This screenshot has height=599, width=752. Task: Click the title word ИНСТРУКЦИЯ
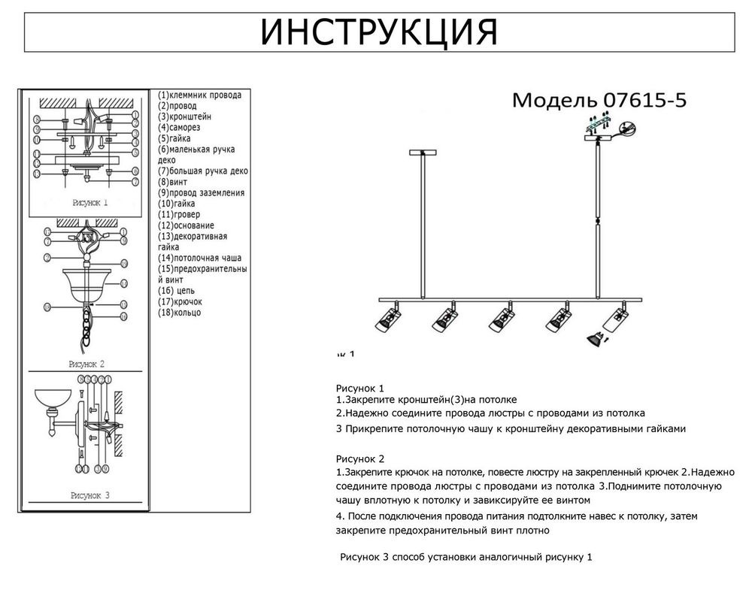[378, 32]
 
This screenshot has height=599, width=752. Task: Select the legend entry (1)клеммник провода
[199, 95]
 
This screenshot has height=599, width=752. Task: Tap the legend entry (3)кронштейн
[184, 117]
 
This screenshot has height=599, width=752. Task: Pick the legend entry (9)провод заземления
[201, 193]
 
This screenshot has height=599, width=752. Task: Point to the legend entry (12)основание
[186, 225]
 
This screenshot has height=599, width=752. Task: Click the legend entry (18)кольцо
[180, 312]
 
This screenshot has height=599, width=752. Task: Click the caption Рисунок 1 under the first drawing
[90, 203]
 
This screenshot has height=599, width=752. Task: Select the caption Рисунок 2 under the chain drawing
[86, 364]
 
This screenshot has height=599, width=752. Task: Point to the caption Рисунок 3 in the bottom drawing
[90, 495]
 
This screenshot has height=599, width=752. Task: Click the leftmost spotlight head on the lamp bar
[387, 319]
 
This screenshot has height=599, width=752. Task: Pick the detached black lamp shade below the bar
[593, 339]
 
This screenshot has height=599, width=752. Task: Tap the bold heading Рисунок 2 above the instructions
[359, 458]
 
